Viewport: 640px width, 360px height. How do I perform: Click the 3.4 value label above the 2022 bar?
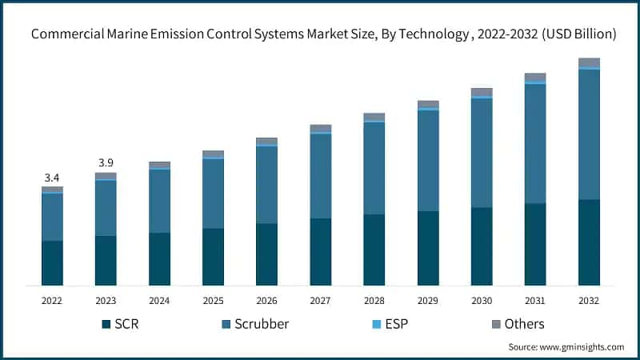click(x=52, y=178)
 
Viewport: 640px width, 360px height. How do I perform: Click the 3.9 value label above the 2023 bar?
click(x=106, y=163)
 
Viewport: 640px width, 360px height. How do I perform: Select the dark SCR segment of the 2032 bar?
click(x=589, y=242)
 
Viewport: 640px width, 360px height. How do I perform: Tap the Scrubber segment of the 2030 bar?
click(x=482, y=152)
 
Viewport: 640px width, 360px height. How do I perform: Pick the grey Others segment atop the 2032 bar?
click(x=589, y=62)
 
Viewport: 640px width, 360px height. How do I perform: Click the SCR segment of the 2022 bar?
click(x=52, y=262)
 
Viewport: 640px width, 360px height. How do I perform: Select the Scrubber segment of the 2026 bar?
click(x=266, y=184)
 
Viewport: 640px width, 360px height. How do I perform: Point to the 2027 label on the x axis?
click(x=320, y=301)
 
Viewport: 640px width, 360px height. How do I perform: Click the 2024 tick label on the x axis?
click(x=159, y=301)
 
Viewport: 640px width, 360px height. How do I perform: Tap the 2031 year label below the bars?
click(x=535, y=301)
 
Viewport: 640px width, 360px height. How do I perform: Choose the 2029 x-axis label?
click(x=428, y=301)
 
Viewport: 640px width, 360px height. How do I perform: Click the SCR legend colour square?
click(x=106, y=324)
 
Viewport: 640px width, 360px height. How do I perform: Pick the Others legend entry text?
click(x=524, y=324)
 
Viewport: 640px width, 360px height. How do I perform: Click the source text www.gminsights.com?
click(x=566, y=347)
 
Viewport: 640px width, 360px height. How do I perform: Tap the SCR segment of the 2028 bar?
click(x=374, y=250)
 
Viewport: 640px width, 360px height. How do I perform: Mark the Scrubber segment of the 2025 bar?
click(x=213, y=194)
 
